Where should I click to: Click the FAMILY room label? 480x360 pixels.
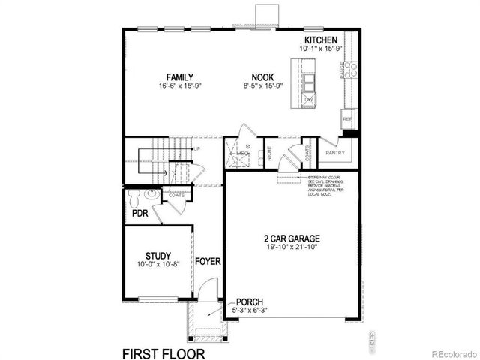180,76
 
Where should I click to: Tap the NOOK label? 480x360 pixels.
262,76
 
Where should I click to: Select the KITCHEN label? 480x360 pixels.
320,40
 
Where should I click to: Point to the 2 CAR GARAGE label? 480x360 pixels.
286,239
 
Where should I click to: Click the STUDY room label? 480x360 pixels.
158,255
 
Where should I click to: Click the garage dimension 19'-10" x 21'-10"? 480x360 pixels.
286,248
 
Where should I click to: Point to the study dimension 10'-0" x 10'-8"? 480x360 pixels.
158,264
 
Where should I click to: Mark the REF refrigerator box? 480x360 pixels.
346,119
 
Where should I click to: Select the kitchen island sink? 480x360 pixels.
309,82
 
